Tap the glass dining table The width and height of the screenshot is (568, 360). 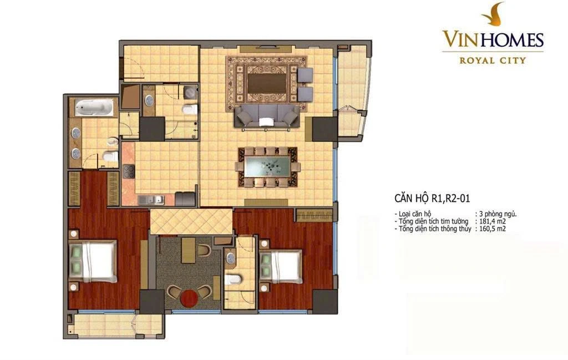[268, 166]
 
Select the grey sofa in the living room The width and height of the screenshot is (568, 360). [267, 116]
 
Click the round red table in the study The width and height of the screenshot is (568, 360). [189, 298]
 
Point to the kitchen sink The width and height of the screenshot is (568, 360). [151, 200]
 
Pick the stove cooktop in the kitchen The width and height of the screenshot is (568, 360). [129, 171]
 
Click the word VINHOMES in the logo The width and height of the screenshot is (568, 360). [493, 39]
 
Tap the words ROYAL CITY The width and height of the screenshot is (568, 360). [493, 60]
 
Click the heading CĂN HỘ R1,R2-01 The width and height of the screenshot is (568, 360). [432, 198]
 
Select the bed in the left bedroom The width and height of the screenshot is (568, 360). [93, 261]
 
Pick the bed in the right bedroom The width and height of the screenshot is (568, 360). [281, 267]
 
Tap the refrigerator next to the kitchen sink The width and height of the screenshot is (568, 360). [185, 199]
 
